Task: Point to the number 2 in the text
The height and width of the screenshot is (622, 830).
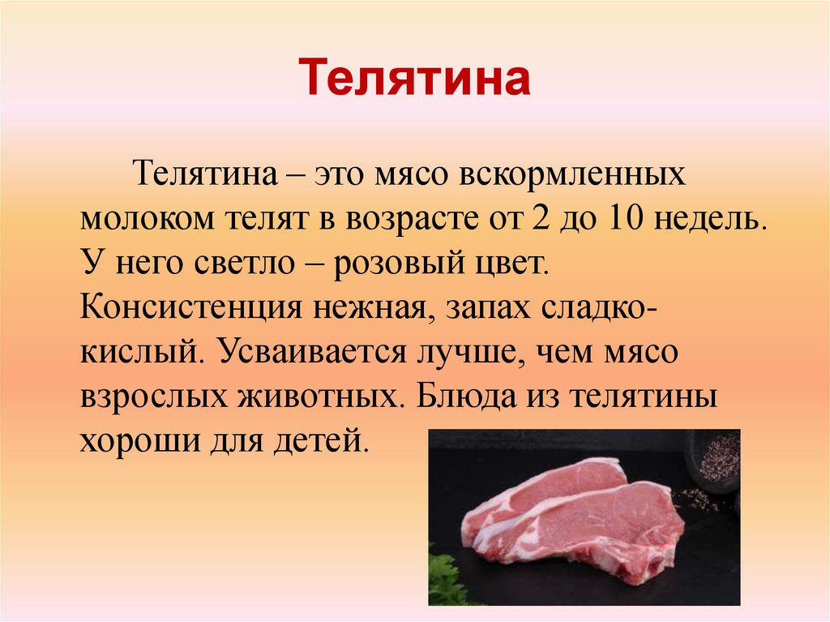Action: pyautogui.click(x=541, y=221)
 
